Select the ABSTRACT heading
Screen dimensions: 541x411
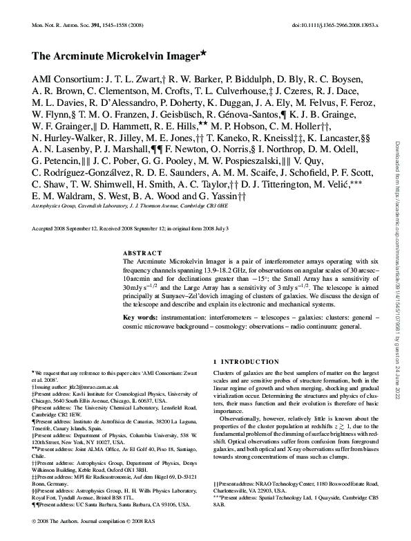pyautogui.click(x=142, y=253)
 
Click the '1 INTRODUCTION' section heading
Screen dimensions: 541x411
pyautogui.click(x=247, y=361)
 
